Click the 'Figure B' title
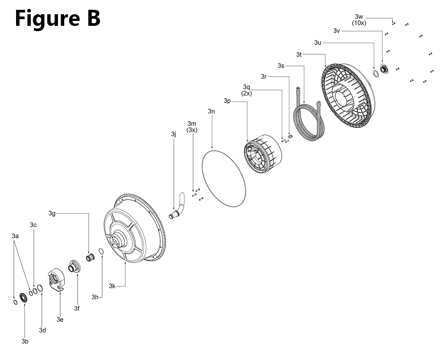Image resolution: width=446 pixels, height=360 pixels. [x=58, y=18]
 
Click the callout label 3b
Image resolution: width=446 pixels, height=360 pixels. [x=25, y=341]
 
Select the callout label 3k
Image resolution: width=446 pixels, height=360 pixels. [x=112, y=286]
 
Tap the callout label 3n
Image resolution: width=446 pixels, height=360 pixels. [x=211, y=111]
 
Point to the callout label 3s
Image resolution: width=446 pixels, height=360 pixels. [x=281, y=66]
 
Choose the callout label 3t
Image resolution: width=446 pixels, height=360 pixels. [x=299, y=54]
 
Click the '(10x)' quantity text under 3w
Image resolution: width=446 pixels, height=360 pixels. [x=359, y=23]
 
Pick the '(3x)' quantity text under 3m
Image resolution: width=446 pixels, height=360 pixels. [x=192, y=130]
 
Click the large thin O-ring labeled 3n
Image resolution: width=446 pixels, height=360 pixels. [x=202, y=171]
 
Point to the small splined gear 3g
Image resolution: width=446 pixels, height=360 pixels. [x=91, y=258]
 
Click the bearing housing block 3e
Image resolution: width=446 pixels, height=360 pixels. [x=56, y=279]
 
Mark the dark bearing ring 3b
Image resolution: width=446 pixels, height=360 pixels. [x=23, y=298]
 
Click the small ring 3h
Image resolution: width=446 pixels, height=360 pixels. [x=101, y=251]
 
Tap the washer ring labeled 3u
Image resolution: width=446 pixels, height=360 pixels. [x=376, y=74]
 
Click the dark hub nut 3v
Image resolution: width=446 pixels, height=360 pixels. [x=384, y=69]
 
